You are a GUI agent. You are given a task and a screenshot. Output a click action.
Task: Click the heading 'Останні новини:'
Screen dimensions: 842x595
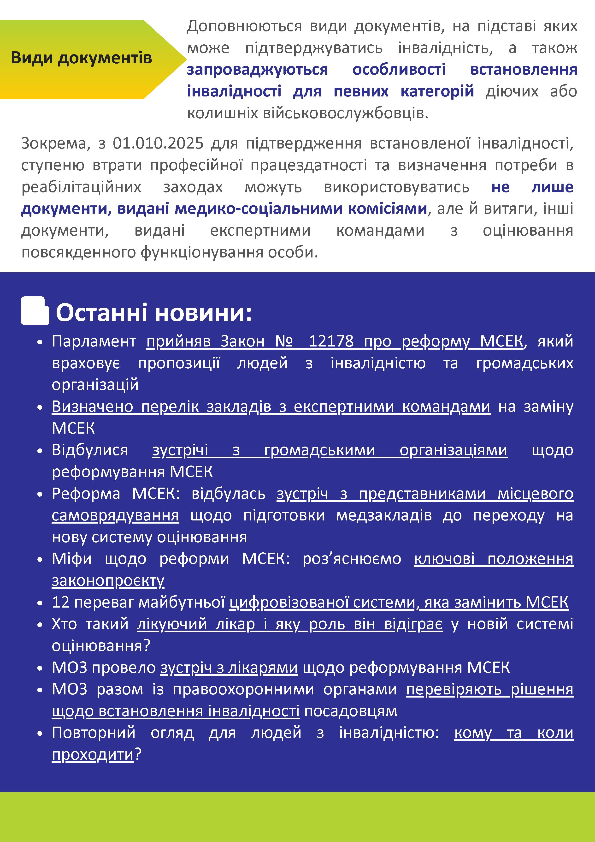click(x=154, y=313)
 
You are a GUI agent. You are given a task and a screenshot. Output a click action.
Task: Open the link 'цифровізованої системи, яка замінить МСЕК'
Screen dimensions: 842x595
click(x=399, y=603)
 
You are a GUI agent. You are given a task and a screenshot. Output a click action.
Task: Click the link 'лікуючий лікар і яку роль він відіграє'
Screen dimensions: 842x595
click(x=290, y=624)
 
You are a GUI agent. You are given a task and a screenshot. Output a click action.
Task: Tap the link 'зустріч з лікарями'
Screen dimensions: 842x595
click(x=229, y=668)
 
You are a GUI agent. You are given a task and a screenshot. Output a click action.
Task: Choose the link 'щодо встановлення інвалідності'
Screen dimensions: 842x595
click(x=176, y=711)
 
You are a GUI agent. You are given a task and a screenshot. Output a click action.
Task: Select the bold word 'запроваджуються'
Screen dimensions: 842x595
click(x=257, y=70)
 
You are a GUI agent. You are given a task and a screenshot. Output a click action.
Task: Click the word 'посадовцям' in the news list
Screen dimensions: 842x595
click(x=350, y=711)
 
